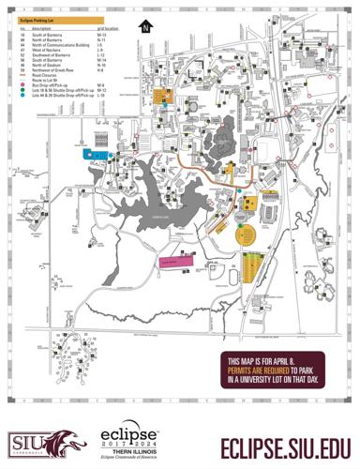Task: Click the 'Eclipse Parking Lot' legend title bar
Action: (x=56, y=20)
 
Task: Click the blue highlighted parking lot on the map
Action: (x=97, y=153)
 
